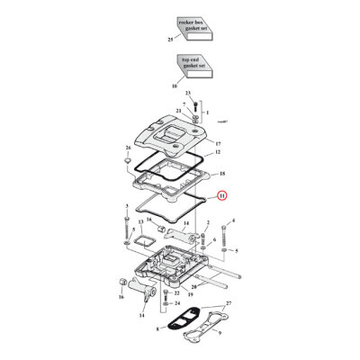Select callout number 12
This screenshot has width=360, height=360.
(x=217, y=154)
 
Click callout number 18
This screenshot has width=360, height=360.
(x=221, y=173)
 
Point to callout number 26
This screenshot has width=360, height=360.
(x=129, y=148)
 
